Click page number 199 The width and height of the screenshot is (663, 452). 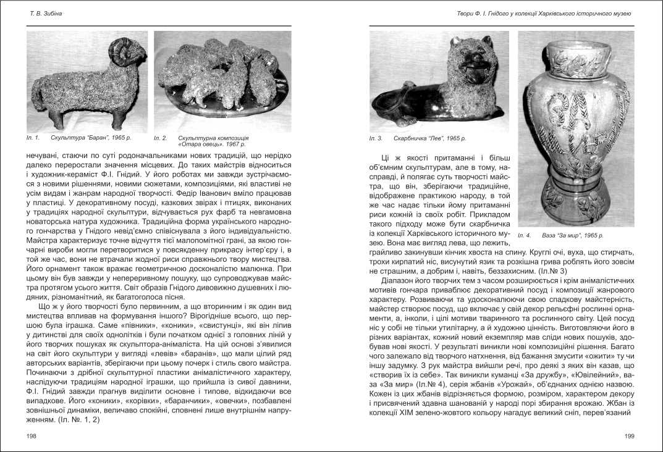point(630,436)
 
